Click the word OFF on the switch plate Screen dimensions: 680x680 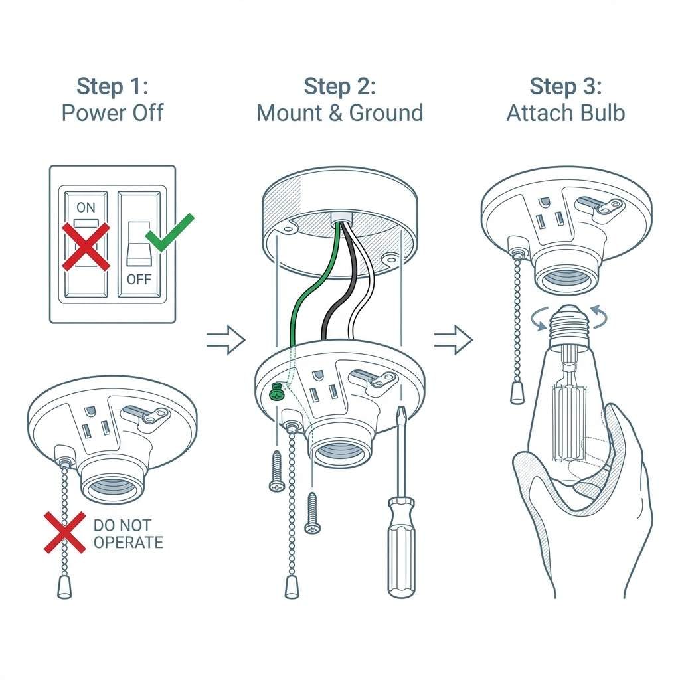[x=139, y=279]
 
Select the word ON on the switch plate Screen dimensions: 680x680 [x=86, y=207]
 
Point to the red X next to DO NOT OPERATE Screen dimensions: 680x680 [x=64, y=532]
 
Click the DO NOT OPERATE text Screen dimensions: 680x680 [x=127, y=534]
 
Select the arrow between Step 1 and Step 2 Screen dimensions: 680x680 [x=226, y=340]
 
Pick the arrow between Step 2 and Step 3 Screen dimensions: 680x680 [x=453, y=340]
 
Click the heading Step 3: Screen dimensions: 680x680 [x=565, y=86]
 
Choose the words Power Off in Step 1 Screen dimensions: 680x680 [x=112, y=112]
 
